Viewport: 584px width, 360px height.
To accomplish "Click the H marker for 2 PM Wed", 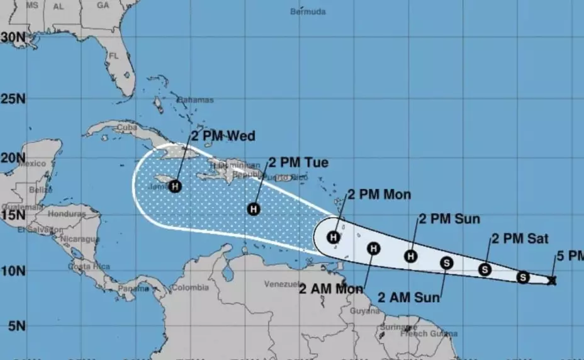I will [175, 186].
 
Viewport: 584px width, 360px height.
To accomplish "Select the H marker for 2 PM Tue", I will [254, 209].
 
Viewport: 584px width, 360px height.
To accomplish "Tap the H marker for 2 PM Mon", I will [334, 237].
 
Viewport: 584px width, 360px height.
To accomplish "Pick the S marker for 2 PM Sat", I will [485, 269].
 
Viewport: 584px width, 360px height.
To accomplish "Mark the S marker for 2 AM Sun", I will [446, 262].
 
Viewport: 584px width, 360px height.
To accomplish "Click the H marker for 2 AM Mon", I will [373, 249].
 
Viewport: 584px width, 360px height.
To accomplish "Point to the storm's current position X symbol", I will [552, 281].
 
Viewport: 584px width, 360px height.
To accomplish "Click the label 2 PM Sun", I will [449, 219].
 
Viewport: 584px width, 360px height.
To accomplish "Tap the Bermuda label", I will [308, 11].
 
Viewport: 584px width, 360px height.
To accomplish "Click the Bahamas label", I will [195, 100].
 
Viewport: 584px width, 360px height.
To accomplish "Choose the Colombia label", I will [189, 288].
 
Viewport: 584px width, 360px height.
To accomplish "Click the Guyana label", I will [364, 311].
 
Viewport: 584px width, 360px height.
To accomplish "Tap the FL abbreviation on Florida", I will [114, 55].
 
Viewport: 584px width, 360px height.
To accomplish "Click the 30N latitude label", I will [13, 37].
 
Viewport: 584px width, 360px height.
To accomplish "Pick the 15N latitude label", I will [13, 215].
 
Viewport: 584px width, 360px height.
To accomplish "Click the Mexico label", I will [32, 164].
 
